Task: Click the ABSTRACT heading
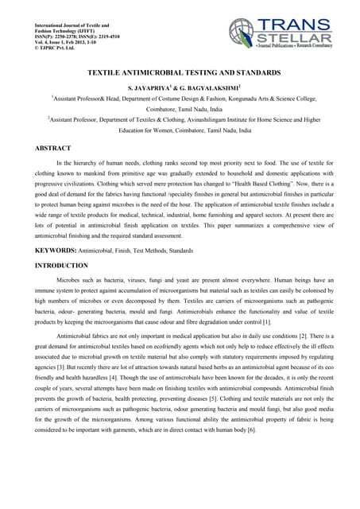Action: tap(53, 149)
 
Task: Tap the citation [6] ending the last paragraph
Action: tap(251, 429)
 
